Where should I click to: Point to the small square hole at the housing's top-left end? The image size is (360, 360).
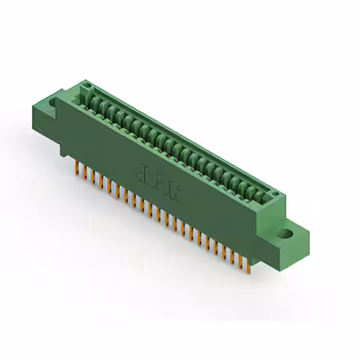pos(87,85)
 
